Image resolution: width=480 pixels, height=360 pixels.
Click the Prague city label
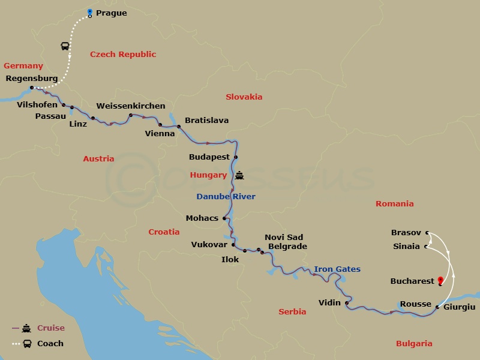tap(111, 13)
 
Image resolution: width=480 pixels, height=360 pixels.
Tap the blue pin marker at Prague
tap(90, 12)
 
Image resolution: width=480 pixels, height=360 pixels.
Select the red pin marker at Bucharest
tap(440, 280)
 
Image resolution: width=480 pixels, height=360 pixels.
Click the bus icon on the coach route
tap(64, 46)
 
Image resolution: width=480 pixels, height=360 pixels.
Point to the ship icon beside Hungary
tap(240, 175)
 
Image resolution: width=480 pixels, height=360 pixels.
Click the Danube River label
tap(226, 197)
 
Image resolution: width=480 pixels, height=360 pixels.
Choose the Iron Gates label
tap(337, 269)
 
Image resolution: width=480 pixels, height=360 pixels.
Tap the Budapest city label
tap(209, 157)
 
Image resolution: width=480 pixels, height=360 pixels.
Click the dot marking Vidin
tap(347, 303)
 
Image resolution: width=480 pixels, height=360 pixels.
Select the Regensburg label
tap(31, 79)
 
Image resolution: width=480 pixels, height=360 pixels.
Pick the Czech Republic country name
tap(123, 55)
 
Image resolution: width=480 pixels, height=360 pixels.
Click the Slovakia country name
tap(244, 97)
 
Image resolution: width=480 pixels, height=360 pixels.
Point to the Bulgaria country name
tap(414, 344)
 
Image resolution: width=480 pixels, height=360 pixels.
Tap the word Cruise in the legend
tap(50, 328)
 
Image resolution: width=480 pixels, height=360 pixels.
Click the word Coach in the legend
tap(50, 344)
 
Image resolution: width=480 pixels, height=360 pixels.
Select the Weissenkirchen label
tap(131, 106)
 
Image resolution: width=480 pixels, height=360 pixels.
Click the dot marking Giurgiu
tap(437, 307)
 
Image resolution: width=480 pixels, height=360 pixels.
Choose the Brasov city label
tap(406, 232)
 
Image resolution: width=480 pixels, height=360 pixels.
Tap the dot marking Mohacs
tap(224, 218)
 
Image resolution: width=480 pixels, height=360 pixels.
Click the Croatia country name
tap(164, 232)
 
